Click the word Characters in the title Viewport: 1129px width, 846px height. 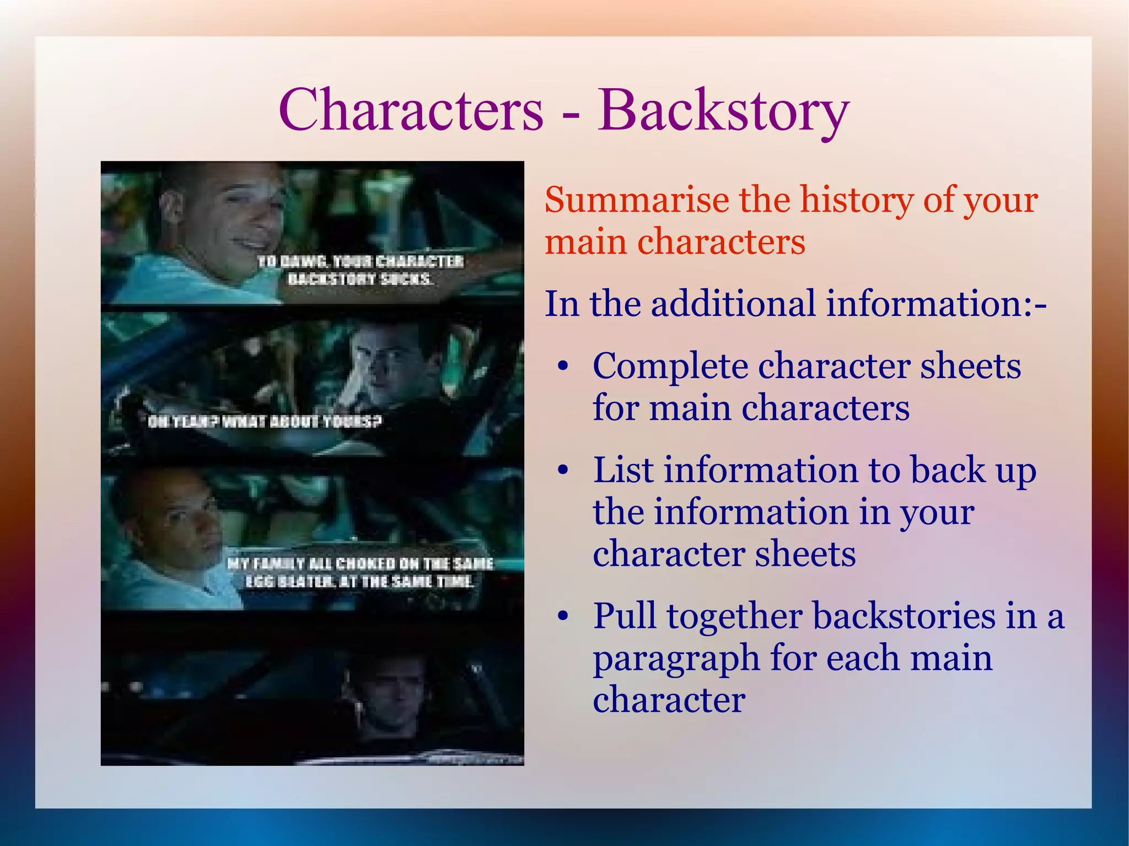coord(411,110)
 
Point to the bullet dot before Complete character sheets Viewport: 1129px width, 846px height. coord(562,367)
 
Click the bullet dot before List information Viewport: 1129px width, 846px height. coord(562,471)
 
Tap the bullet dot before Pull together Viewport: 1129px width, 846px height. coord(562,617)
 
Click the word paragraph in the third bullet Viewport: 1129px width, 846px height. coord(675,660)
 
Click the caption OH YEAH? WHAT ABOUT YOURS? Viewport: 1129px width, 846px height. coord(265,422)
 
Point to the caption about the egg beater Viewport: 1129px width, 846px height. coord(359,572)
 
